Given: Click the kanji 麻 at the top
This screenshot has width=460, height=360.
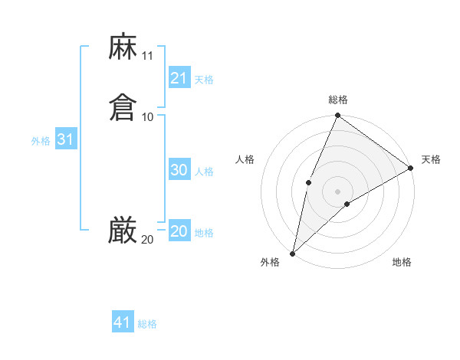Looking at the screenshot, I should (123, 47).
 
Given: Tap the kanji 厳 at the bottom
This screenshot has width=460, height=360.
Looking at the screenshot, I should (123, 231).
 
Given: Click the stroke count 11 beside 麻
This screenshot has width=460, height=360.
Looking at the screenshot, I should (148, 56).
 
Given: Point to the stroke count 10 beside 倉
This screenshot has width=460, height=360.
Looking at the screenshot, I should (148, 116).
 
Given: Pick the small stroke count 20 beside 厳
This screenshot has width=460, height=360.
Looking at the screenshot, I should (147, 240).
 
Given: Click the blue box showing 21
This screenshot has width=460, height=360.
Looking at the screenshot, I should (179, 78).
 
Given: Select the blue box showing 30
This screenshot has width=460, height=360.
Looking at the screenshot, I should (179, 171).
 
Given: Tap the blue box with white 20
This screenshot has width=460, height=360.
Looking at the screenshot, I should (179, 232).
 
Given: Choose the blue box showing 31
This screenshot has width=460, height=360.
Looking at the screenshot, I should (66, 140).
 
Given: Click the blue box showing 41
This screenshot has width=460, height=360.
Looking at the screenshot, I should (123, 322).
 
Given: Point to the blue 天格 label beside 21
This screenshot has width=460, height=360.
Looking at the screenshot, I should (204, 80).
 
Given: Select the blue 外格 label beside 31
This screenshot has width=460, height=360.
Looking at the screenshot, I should (41, 141).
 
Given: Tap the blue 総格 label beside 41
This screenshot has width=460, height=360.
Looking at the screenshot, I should (147, 324).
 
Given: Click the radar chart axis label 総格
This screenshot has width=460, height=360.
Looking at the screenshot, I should (338, 100).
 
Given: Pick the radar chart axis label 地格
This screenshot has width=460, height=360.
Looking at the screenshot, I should (402, 262).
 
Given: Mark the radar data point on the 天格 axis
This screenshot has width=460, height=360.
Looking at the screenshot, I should (410, 169).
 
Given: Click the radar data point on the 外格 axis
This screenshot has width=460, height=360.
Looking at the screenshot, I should (293, 253).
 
